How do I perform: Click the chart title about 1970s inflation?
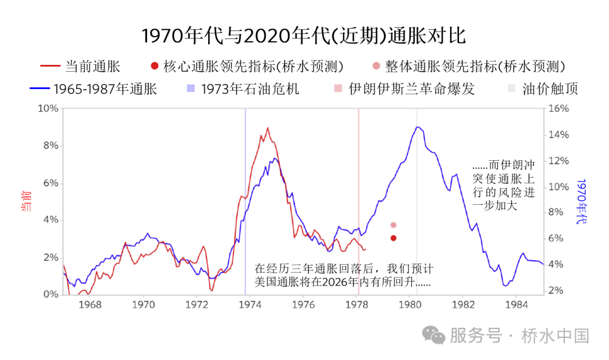(304, 36)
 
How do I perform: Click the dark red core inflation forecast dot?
(393, 238)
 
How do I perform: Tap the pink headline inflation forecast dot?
(393, 225)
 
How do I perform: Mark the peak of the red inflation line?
(267, 128)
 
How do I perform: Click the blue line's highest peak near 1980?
(417, 127)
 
